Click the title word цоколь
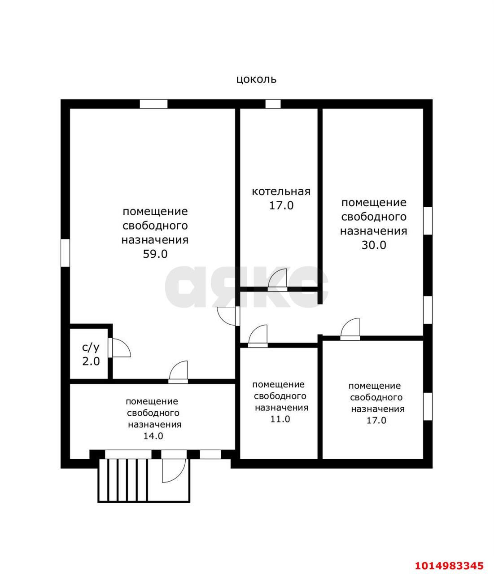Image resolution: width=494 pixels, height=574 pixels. pyautogui.click(x=256, y=80)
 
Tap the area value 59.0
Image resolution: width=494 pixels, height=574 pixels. pyautogui.click(x=155, y=254)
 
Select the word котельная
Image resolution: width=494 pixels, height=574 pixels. pyautogui.click(x=281, y=191)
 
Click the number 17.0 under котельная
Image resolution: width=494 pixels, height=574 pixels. pyautogui.click(x=281, y=206)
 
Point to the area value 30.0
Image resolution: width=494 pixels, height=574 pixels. pyautogui.click(x=374, y=245)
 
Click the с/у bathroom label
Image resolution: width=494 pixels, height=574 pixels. pyautogui.click(x=91, y=347)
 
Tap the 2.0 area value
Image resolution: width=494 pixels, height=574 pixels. pyautogui.click(x=91, y=361)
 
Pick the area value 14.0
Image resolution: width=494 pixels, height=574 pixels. pyautogui.click(x=153, y=435)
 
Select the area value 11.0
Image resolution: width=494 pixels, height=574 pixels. pyautogui.click(x=280, y=419)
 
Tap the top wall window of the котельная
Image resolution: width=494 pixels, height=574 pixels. pyautogui.click(x=273, y=104)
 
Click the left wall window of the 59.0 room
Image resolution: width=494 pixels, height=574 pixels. pyautogui.click(x=66, y=253)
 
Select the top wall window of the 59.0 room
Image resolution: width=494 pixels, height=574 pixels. pyautogui.click(x=153, y=104)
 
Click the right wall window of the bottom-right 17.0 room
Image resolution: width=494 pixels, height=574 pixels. pyautogui.click(x=428, y=407)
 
